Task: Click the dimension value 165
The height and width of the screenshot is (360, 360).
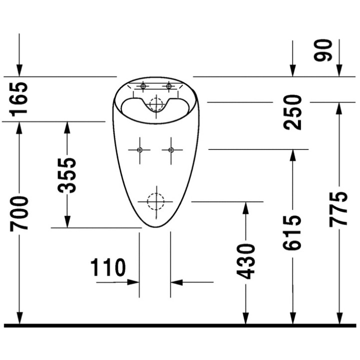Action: (x=20, y=99)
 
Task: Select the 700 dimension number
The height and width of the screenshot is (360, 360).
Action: (x=20, y=213)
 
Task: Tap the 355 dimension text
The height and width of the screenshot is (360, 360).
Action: (x=67, y=175)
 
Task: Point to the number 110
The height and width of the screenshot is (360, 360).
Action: (x=108, y=268)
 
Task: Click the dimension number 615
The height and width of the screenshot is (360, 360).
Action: (x=292, y=233)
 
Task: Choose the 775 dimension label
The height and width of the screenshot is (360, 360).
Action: (x=338, y=209)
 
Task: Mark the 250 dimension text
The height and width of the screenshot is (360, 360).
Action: (x=293, y=112)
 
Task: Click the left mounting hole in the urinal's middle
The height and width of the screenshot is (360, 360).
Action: (x=139, y=149)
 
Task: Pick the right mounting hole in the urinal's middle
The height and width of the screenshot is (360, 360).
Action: (x=171, y=149)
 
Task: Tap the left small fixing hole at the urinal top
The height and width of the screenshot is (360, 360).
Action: (x=143, y=87)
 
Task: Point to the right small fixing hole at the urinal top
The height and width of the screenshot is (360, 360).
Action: (x=169, y=87)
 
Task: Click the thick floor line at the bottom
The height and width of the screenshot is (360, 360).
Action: (x=180, y=326)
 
